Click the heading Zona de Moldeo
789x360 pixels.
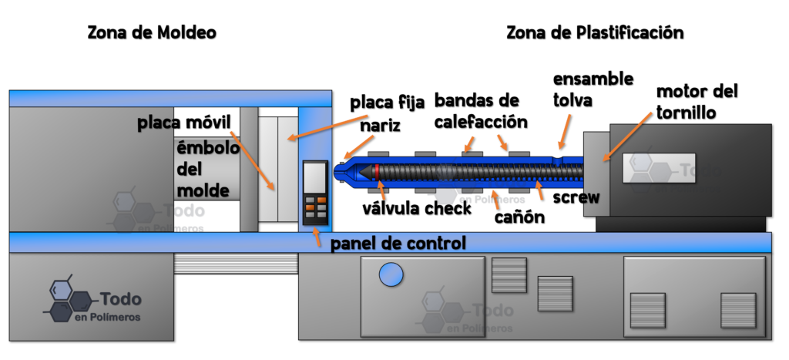tap(152, 32)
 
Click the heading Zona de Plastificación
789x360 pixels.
tap(595, 32)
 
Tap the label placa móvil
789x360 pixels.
tap(184, 123)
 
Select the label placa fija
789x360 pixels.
tap(388, 103)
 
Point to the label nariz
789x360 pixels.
tap(381, 125)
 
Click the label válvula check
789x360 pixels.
tap(417, 208)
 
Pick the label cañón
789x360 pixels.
tap(519, 217)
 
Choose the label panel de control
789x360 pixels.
tap(398, 243)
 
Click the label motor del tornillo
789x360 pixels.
tap(697, 103)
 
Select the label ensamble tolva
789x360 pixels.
tap(593, 89)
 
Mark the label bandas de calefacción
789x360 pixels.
tap(481, 111)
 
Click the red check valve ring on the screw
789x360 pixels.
tap(377, 172)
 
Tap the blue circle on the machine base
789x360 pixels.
tap(391, 274)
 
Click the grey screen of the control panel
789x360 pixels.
tap(315, 178)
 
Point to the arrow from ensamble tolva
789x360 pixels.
tap(566, 132)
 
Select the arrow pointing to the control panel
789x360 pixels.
tap(317, 237)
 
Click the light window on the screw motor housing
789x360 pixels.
tap(660, 168)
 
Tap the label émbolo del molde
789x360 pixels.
tap(206, 170)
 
